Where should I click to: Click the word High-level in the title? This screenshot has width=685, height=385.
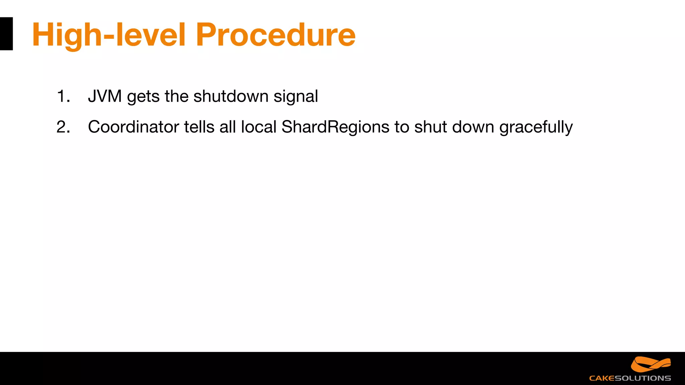click(x=109, y=35)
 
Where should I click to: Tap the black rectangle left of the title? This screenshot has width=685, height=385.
click(x=6, y=34)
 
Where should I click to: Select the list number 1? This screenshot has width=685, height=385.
click(x=63, y=96)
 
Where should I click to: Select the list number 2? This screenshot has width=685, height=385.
click(x=63, y=127)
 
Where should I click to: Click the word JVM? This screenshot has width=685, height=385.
click(x=105, y=96)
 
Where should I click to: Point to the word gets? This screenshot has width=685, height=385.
click(x=143, y=97)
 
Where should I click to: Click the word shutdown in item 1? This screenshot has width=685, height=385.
click(x=231, y=96)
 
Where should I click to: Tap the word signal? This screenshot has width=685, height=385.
click(x=296, y=97)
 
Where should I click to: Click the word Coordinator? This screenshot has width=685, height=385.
click(x=133, y=127)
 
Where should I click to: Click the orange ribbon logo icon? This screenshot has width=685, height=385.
click(x=651, y=365)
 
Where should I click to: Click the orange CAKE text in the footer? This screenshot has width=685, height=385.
click(x=601, y=378)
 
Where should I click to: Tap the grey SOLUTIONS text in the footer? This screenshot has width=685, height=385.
click(x=643, y=378)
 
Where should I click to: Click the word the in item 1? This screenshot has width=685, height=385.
click(x=176, y=96)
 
